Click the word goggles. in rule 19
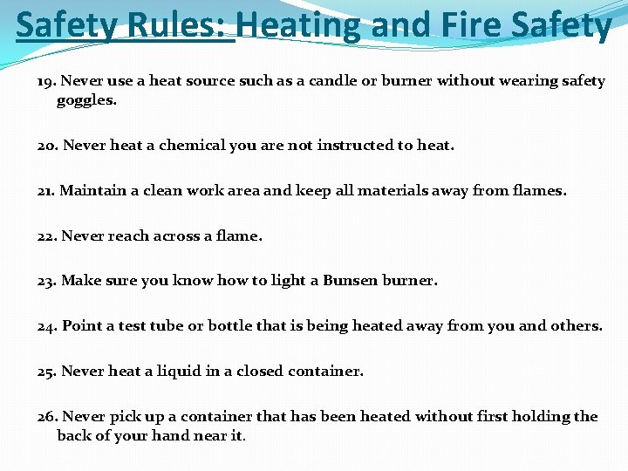click(x=86, y=100)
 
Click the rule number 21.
click(x=46, y=190)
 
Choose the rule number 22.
click(x=47, y=235)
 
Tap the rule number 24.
click(x=47, y=326)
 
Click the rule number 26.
click(x=47, y=417)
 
